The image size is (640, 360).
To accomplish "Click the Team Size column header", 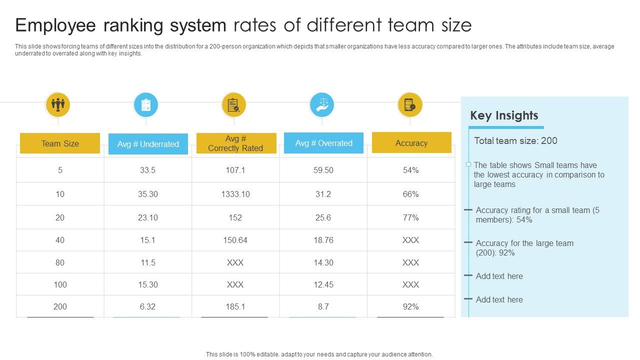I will (60, 143).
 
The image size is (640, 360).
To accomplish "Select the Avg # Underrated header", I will (148, 144).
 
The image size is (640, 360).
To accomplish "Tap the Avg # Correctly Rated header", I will (235, 143).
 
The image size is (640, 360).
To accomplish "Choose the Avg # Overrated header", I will (323, 143).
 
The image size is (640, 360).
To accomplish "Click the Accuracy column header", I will (411, 143).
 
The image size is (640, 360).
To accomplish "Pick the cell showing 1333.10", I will (235, 194).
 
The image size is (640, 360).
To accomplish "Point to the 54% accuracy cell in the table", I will (410, 170).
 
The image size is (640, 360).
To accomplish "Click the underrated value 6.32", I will (148, 306).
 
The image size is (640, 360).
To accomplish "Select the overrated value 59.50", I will (323, 170).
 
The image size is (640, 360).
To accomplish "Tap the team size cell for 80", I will (60, 262).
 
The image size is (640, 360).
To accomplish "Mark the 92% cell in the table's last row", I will (410, 306).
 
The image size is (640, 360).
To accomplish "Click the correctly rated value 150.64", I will (235, 240).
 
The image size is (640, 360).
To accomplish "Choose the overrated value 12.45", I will (323, 284).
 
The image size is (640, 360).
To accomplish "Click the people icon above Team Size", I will (58, 105).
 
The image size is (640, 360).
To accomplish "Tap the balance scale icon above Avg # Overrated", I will (322, 105).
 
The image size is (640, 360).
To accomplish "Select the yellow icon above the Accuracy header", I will (410, 105).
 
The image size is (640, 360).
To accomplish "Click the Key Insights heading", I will (504, 115).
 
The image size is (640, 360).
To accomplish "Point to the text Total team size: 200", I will (515, 140).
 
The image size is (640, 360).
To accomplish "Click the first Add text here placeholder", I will (499, 276).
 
